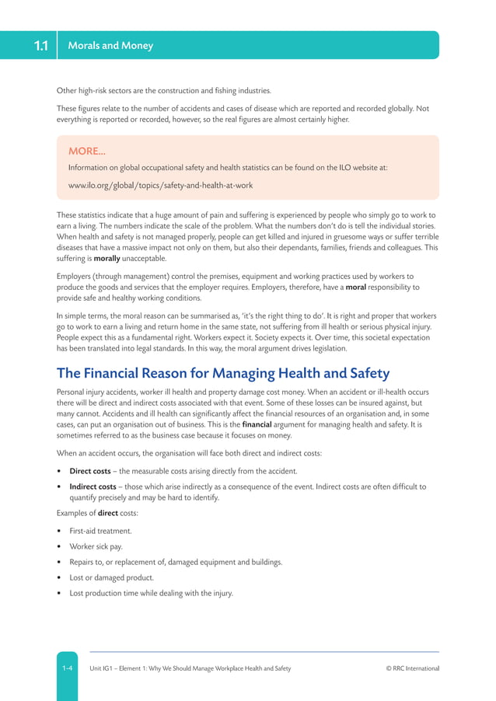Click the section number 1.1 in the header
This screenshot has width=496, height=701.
pos(40,46)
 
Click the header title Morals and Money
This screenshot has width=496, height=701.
pos(110,46)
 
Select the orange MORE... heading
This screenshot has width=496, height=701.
pos(87,152)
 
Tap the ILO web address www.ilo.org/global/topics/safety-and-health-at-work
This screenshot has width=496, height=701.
pos(160,185)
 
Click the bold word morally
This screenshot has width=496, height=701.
pos(107,258)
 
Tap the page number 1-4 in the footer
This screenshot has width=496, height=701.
pos(68,668)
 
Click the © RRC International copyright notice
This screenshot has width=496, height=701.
pos(412,668)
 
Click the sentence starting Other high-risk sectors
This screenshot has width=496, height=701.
pos(163,90)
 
